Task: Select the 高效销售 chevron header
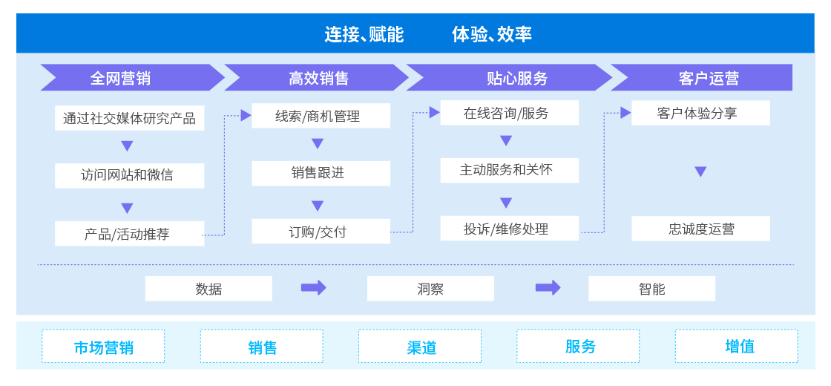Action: point(317,78)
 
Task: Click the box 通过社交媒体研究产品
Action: point(129,118)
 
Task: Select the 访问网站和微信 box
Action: point(129,175)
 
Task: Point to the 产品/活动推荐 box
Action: point(129,233)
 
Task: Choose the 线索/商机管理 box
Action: point(321,116)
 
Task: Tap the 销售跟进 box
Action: point(321,174)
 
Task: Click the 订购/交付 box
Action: point(321,231)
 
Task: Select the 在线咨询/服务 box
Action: point(509,113)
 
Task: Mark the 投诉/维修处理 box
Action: point(509,229)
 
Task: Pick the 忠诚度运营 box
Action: point(700,229)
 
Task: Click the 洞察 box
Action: point(430,289)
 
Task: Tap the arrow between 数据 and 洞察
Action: point(314,288)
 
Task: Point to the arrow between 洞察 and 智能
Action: point(548,288)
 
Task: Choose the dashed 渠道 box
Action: point(420,346)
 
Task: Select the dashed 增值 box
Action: point(736,346)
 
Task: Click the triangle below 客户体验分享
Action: point(700,171)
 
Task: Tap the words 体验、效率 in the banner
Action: point(492,34)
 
